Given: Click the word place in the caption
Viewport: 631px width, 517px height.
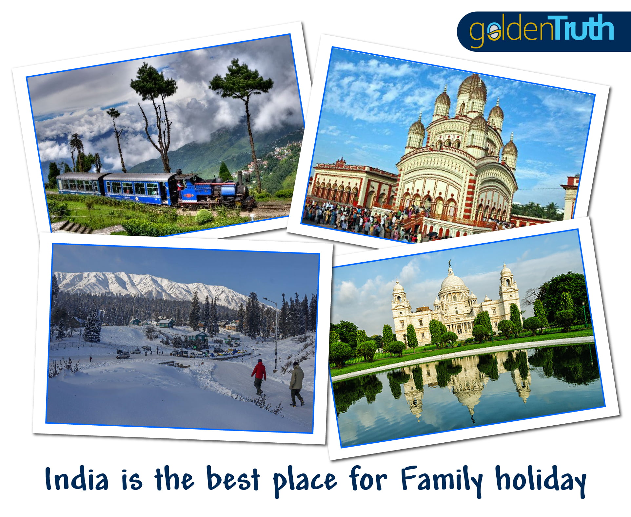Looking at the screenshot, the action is point(305,481).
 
